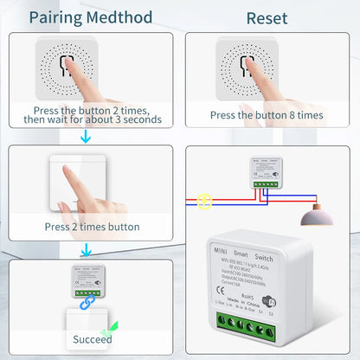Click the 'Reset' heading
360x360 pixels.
[x=267, y=17]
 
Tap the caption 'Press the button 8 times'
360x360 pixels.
[x=267, y=114]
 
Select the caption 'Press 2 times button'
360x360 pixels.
[x=92, y=227]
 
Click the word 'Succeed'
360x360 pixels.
[x=92, y=339]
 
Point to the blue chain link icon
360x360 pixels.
[x=86, y=304]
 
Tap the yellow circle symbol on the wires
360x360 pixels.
[x=205, y=202]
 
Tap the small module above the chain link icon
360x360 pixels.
[x=86, y=280]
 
